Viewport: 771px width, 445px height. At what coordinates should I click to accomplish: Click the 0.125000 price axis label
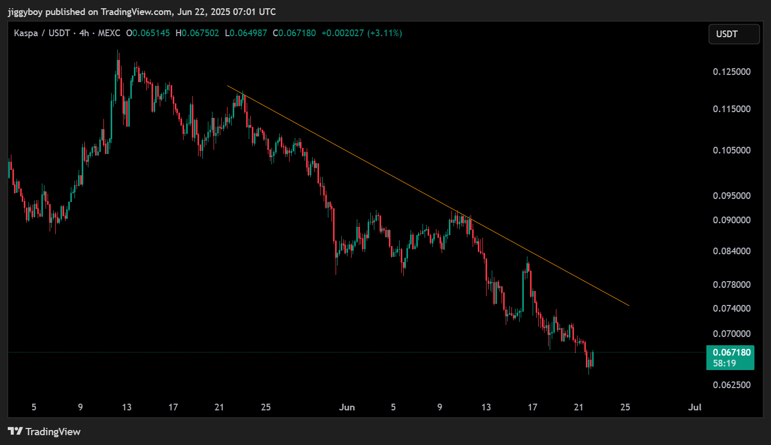click(731, 72)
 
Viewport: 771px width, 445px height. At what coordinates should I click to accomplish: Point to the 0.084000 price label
click(731, 251)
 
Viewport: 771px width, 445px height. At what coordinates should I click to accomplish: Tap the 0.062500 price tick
click(731, 385)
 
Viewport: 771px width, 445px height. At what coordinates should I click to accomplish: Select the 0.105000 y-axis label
click(731, 150)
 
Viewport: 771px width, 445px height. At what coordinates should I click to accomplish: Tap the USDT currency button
click(733, 34)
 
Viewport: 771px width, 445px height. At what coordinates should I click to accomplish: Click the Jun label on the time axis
click(347, 407)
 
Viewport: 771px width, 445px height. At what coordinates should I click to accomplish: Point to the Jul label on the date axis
click(694, 407)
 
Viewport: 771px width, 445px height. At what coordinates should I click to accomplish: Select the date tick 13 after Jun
click(486, 407)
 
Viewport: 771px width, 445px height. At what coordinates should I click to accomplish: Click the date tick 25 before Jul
click(625, 407)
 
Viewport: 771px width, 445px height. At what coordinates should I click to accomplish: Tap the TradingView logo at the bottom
click(44, 432)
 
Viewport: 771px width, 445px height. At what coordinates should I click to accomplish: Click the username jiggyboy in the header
click(25, 12)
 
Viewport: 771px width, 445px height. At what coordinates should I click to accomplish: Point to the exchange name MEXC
click(109, 33)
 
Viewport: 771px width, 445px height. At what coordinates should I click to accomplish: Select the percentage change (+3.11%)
click(384, 33)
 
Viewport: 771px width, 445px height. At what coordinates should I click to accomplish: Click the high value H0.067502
click(197, 33)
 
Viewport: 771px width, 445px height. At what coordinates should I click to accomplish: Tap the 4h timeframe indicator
click(84, 33)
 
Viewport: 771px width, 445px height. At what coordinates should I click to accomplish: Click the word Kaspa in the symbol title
click(26, 33)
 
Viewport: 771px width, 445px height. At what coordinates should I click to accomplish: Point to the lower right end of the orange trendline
click(628, 305)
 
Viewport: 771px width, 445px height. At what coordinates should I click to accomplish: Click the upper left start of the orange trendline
click(228, 86)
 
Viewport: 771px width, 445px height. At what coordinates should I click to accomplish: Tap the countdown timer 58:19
click(724, 363)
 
